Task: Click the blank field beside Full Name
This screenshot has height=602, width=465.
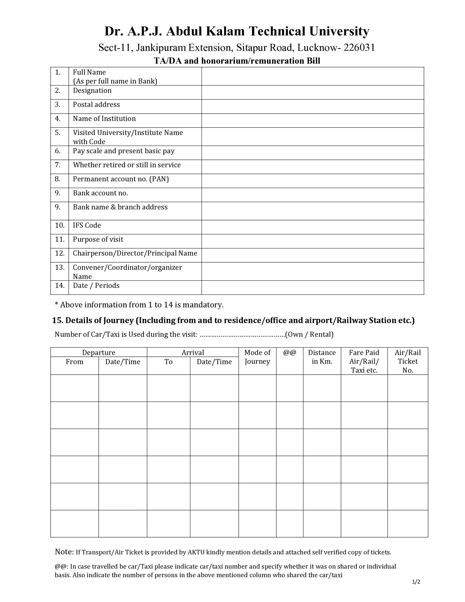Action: point(313,76)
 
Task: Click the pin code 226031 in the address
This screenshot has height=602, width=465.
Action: point(359,48)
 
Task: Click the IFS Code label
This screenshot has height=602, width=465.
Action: point(87,225)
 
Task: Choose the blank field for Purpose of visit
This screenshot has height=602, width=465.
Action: point(313,241)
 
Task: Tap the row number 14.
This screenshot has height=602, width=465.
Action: point(59,285)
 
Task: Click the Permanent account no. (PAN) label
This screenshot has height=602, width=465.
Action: point(121,179)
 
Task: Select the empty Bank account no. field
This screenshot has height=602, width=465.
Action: point(313,195)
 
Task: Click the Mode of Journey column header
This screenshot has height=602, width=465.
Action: point(257,357)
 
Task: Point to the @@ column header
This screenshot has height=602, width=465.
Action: point(289,352)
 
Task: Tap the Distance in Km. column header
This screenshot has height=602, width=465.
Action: point(322,357)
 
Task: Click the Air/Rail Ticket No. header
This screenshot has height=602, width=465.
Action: point(407,361)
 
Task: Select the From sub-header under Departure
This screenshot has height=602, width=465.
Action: point(75,362)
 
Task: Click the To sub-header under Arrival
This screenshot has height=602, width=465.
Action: point(168,362)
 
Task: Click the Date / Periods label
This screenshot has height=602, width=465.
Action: point(96,285)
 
